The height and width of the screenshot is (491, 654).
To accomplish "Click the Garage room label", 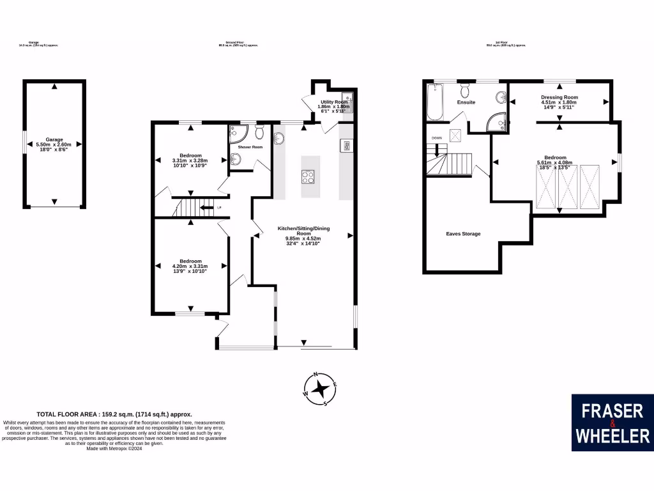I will click(x=54, y=139).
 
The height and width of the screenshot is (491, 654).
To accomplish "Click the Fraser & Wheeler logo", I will click(x=612, y=423).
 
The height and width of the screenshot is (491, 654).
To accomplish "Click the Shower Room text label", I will click(x=250, y=147).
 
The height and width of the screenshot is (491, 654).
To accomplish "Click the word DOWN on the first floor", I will click(x=437, y=138).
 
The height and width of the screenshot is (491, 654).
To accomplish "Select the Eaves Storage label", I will click(x=463, y=234).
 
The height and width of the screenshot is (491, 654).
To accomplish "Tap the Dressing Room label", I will click(x=559, y=97).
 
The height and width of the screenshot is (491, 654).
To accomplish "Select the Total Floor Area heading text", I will click(x=114, y=414).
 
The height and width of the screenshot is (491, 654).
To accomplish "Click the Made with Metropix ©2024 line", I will click(x=114, y=449).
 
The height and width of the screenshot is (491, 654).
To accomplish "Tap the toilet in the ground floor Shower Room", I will click(x=259, y=132).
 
